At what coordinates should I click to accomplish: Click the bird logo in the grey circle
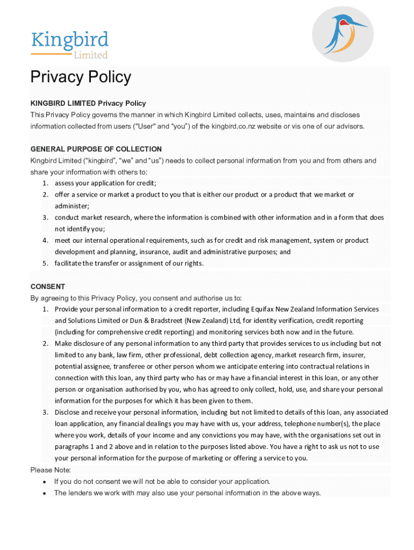342,34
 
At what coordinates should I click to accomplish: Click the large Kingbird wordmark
69,40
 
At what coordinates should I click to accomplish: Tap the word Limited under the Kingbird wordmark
91,55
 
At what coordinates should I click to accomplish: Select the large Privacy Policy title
81,77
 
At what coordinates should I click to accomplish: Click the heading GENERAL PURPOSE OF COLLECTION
96,149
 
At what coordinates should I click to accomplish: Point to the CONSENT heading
48,286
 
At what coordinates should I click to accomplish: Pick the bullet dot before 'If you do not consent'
44,482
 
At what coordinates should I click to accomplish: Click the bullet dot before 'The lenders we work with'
44,493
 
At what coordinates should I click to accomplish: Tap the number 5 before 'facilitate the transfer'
46,263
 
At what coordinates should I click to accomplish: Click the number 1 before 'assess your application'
46,183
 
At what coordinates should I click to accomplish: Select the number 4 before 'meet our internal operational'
46,240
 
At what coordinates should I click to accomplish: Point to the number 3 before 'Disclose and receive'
46,412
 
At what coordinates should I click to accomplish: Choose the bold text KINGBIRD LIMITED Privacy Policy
88,103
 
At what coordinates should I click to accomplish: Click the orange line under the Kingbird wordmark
52,54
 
